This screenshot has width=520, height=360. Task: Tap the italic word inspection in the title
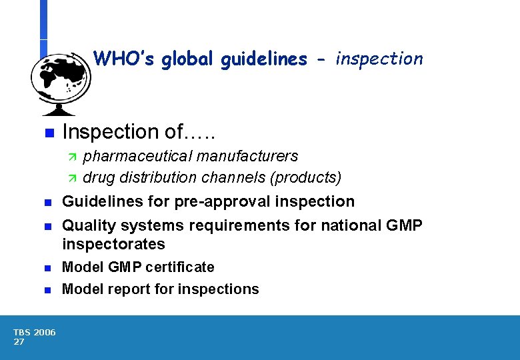(379, 59)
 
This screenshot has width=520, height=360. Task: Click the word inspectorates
(113, 244)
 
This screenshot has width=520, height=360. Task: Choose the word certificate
(182, 267)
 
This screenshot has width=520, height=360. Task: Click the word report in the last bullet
(127, 289)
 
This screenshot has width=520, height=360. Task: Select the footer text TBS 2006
(34, 333)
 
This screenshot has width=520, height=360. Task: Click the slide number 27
(19, 342)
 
